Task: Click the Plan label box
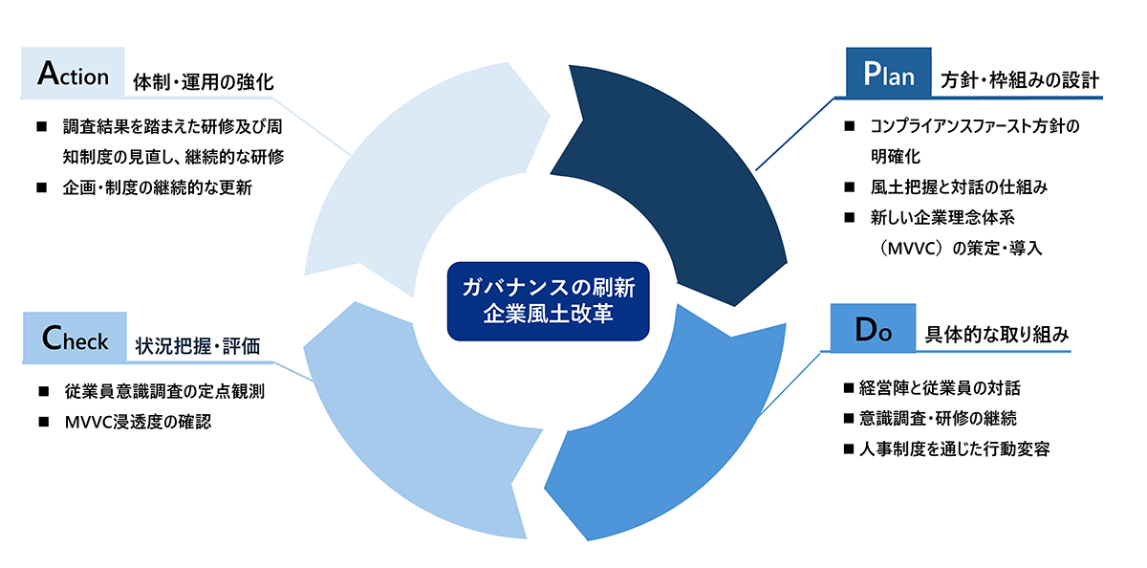(x=888, y=73)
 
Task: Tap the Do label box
(x=873, y=328)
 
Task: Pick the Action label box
(x=73, y=73)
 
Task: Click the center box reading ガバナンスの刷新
(x=548, y=301)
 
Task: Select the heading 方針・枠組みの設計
(x=1020, y=81)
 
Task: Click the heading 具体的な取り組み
(x=996, y=335)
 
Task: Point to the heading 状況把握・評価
(x=198, y=346)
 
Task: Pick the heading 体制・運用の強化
(x=204, y=82)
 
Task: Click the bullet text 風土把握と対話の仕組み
(x=959, y=187)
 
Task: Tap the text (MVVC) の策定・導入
(x=959, y=249)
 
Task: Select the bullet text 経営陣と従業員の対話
(x=940, y=388)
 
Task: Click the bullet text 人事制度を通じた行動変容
(x=955, y=449)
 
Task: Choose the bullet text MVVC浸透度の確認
(x=138, y=422)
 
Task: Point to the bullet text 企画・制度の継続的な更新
(x=157, y=188)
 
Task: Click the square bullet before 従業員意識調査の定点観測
(x=44, y=392)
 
